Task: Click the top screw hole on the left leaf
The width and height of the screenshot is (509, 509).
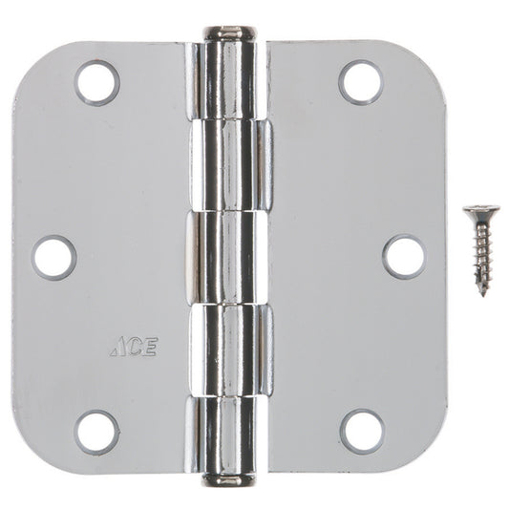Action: point(96,81)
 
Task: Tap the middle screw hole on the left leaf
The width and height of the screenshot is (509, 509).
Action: point(54,256)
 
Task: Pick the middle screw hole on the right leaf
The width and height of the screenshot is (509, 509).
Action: point(404,256)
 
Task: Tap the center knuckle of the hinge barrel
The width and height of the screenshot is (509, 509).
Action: point(229,256)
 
